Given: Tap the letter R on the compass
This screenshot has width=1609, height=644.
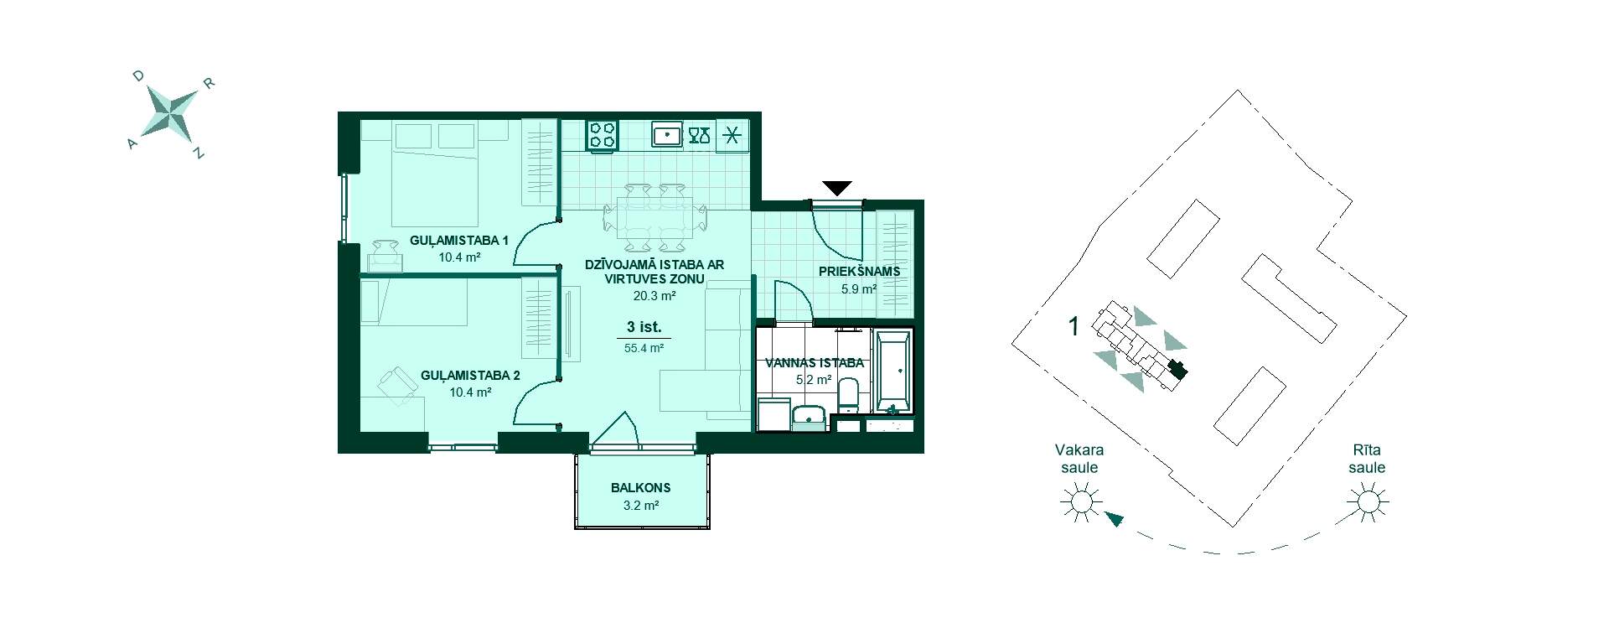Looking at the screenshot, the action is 210,83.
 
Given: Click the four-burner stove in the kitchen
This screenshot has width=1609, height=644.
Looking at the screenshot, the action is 603,135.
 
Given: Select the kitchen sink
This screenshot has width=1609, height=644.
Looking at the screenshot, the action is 667,134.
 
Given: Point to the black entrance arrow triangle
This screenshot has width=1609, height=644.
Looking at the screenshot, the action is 836,189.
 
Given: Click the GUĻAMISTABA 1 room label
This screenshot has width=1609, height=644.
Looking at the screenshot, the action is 459,241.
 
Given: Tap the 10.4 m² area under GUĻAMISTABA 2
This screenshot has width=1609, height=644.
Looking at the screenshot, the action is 470,392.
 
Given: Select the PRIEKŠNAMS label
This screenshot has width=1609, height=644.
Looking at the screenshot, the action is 859,272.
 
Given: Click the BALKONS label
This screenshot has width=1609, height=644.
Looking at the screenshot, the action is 640,487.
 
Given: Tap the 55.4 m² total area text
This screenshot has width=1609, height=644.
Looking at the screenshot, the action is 644,348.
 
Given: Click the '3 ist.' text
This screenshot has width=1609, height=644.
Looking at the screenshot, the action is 644,327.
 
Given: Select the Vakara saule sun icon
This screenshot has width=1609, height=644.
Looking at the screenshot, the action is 1080,503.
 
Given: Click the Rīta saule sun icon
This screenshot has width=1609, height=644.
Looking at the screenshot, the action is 1368,503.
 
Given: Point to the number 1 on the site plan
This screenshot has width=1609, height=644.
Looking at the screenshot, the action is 1074,325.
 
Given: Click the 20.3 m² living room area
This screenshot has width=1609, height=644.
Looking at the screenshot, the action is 654,296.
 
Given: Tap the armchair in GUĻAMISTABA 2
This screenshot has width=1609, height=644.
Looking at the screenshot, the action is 396,386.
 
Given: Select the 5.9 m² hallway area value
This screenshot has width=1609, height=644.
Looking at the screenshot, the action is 859,289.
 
